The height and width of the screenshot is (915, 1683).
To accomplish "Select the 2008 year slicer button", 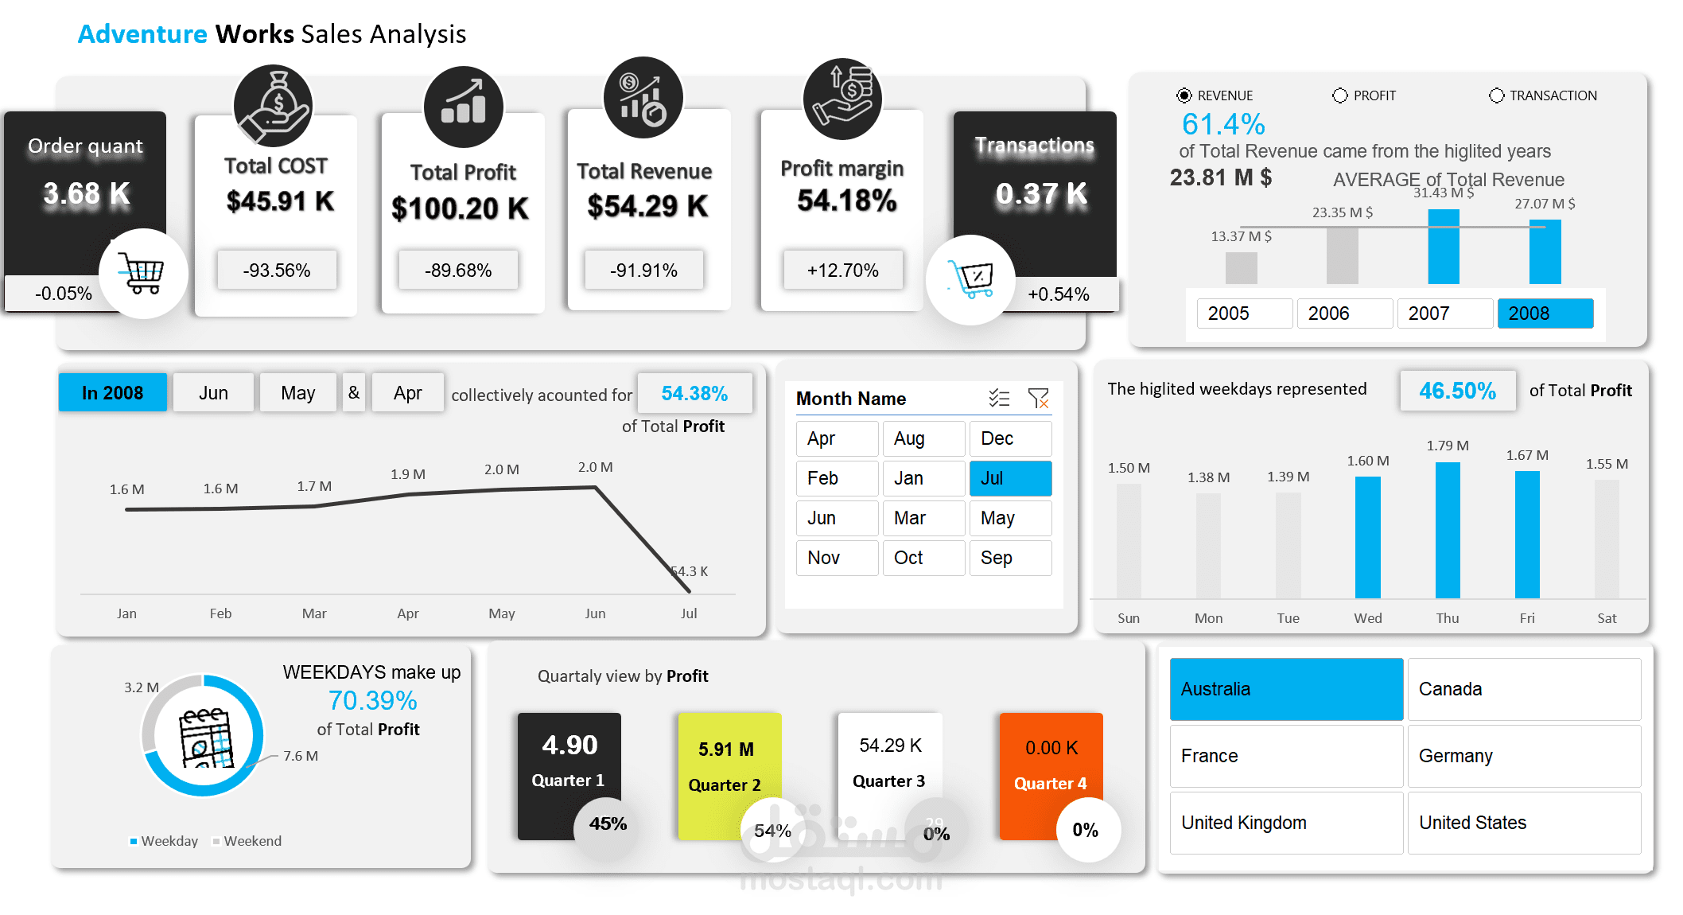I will click(1545, 313).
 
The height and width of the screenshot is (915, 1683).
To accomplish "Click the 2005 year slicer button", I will click(1244, 313).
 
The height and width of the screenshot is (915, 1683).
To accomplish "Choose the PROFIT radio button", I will click(1340, 95).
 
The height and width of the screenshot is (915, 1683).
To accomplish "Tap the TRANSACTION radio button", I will click(1497, 95).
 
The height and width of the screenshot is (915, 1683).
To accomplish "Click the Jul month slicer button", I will click(1010, 478).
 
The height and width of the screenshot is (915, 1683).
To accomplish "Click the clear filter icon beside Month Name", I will click(1038, 398).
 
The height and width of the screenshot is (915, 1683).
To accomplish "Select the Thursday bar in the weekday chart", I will click(1448, 530).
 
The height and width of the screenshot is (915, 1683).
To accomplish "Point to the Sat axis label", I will click(1607, 618).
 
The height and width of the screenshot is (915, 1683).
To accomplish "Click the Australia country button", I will click(1286, 689).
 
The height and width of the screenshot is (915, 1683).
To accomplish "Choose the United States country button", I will click(1524, 823).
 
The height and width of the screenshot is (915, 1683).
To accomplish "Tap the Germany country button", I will click(1524, 756).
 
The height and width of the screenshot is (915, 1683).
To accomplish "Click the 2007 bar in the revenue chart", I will click(1444, 247).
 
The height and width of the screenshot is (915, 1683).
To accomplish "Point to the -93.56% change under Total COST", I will click(277, 271).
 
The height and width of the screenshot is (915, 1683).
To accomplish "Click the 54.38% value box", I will click(694, 394).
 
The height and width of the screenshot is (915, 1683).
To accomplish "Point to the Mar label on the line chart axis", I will click(314, 613).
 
